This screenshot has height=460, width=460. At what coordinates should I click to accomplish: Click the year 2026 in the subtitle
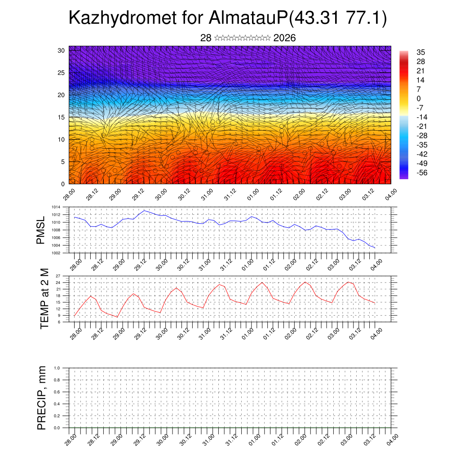[284, 38]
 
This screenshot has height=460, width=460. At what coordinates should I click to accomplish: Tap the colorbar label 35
[421, 53]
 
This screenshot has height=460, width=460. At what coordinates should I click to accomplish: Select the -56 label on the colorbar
[423, 172]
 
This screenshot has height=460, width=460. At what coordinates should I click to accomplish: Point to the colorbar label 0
[419, 99]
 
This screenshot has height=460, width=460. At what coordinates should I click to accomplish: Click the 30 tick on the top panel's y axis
[60, 50]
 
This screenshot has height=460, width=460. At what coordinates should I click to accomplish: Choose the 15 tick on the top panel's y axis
[60, 117]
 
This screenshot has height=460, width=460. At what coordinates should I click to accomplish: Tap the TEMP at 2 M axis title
[44, 299]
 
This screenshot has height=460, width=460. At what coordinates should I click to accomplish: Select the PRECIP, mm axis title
[42, 397]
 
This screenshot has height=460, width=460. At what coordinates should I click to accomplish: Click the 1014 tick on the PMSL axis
[56, 207]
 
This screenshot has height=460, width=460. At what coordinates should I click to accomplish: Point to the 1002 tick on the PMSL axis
[56, 253]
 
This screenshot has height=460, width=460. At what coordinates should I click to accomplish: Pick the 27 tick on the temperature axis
[58, 276]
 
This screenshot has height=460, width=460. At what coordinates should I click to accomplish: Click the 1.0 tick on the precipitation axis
[57, 368]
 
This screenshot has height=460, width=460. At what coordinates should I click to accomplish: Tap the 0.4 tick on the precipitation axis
[57, 404]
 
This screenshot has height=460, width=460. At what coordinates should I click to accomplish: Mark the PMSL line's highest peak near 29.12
[144, 210]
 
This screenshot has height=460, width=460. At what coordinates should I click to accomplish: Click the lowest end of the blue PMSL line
[375, 248]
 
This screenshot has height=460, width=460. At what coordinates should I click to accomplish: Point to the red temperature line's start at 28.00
[75, 316]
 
